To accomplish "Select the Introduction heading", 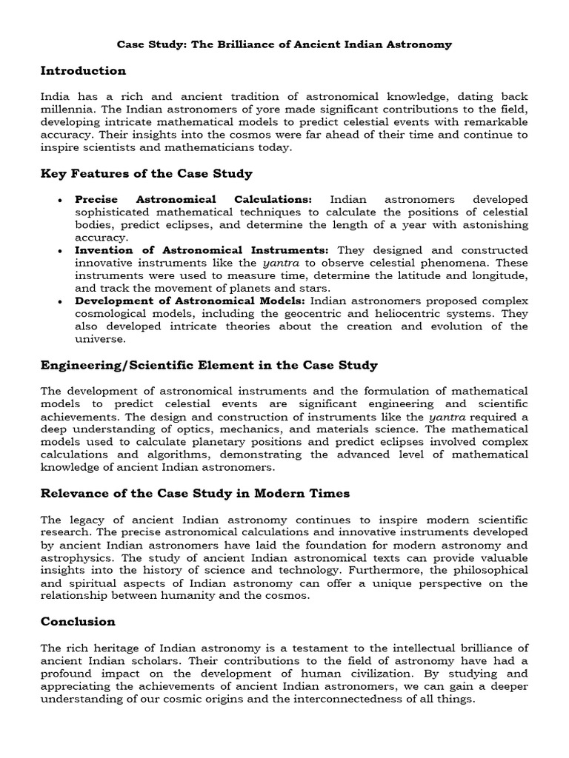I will click(83, 71).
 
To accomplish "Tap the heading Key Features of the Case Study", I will click(147, 174).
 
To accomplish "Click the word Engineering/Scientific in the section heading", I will click(116, 365).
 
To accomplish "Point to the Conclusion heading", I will click(78, 621).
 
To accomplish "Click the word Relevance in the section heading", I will click(76, 493).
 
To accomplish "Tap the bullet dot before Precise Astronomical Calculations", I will click(59, 201).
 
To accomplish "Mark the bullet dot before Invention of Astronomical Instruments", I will click(59, 252).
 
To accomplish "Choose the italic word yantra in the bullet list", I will click(279, 263).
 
